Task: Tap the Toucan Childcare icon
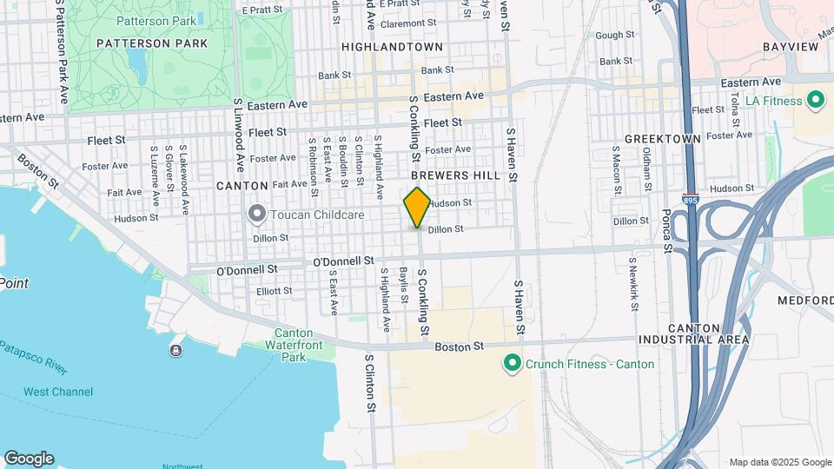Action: tap(256, 213)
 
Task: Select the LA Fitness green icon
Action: tap(815, 101)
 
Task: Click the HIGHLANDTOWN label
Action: tap(392, 47)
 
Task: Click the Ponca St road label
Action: tap(666, 229)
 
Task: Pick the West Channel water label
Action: tap(58, 392)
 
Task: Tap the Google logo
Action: tap(29, 459)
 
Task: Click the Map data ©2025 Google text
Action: tap(779, 462)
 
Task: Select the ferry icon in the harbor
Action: tap(176, 350)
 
